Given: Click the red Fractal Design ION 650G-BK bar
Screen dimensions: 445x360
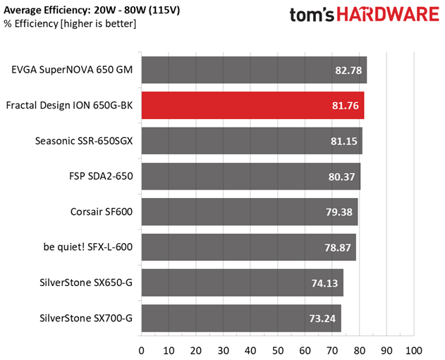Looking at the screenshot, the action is (x=252, y=106).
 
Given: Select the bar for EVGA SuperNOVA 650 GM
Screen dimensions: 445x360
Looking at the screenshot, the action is (x=254, y=70).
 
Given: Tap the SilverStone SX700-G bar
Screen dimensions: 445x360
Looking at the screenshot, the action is (x=241, y=318).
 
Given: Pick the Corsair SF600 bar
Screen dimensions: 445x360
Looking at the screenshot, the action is (x=250, y=212).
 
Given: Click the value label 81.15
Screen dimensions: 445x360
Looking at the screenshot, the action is (x=343, y=141).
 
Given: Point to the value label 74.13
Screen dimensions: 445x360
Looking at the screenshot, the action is (x=324, y=283).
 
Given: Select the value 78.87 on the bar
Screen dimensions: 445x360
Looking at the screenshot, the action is (x=338, y=248).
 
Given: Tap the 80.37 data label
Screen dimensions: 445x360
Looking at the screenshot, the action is (x=342, y=177).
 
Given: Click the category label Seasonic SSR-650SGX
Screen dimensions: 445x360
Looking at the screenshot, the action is (x=84, y=141).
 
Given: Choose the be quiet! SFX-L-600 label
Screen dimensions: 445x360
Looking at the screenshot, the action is (x=88, y=247).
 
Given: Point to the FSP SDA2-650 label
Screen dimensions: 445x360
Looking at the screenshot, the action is (x=101, y=176).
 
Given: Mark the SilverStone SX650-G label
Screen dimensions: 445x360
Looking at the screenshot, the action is (x=86, y=283).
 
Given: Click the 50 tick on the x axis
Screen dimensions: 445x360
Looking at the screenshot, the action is (x=278, y=351).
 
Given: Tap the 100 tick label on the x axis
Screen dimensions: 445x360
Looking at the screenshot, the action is (x=414, y=351).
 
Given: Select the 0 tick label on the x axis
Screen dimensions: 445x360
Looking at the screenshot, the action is (x=141, y=351).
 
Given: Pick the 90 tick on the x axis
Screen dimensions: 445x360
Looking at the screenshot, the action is (x=386, y=351).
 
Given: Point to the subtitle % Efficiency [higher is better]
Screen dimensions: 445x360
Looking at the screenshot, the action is (x=70, y=23).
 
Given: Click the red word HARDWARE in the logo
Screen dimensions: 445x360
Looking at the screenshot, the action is (x=389, y=14).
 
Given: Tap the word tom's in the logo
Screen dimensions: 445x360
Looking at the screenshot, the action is (x=312, y=15).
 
